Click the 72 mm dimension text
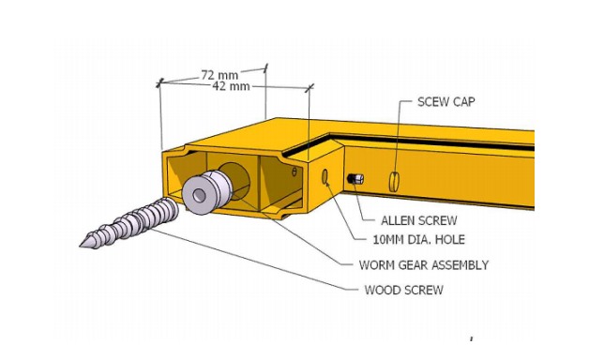pos(219,75)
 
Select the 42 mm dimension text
pos(231,86)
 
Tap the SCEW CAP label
pos(446,101)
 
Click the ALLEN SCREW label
pos(418,220)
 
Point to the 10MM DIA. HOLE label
pos(418,240)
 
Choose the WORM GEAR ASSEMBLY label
pos(424,265)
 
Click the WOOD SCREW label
pos(403,290)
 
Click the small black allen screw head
pos(355,179)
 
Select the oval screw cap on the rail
pos(394,181)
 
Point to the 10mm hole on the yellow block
pos(325,177)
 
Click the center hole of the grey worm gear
pos(199,195)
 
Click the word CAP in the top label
pos(463,101)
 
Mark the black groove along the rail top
pos(431,141)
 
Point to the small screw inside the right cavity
pos(294,171)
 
